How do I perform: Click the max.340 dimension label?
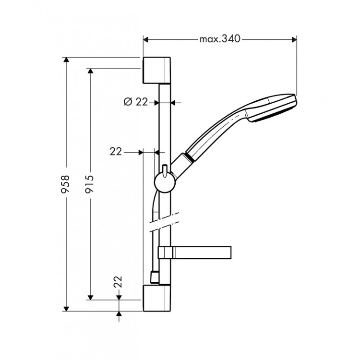tap(220, 39)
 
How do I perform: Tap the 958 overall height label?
tap(67, 184)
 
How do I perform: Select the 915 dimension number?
tap(90, 184)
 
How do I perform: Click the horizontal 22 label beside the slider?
tap(115, 151)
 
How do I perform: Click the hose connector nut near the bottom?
tap(154, 277)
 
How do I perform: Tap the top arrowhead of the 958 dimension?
tap(67, 60)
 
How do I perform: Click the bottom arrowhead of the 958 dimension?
tap(67, 308)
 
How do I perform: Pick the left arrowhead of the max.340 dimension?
tap(146, 39)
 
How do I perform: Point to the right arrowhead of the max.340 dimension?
tap(294, 39)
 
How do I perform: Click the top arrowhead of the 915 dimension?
tap(90, 71)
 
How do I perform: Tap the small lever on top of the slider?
tap(164, 169)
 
